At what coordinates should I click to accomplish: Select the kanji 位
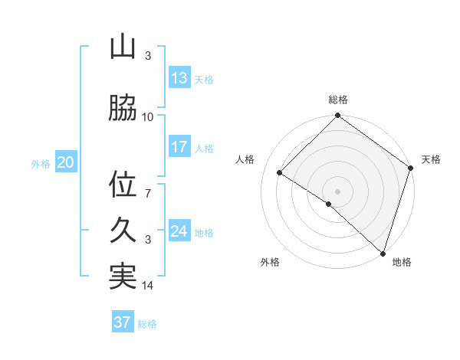(123, 185)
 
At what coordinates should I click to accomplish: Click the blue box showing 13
(179, 78)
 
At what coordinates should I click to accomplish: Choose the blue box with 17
(179, 147)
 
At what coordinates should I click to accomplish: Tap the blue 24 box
(179, 231)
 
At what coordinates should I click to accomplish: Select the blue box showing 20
(66, 162)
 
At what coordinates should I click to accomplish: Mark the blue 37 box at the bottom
(123, 322)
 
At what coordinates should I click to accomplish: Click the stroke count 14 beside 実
(148, 286)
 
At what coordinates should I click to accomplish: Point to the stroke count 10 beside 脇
(148, 117)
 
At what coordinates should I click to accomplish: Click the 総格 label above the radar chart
(338, 100)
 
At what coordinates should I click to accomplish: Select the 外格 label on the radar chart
(270, 262)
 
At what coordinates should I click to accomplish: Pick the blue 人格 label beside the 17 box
(204, 149)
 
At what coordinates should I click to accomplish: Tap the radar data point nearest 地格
(383, 253)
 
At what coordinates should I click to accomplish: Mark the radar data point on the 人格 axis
(280, 173)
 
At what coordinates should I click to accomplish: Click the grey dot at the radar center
(337, 191)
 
